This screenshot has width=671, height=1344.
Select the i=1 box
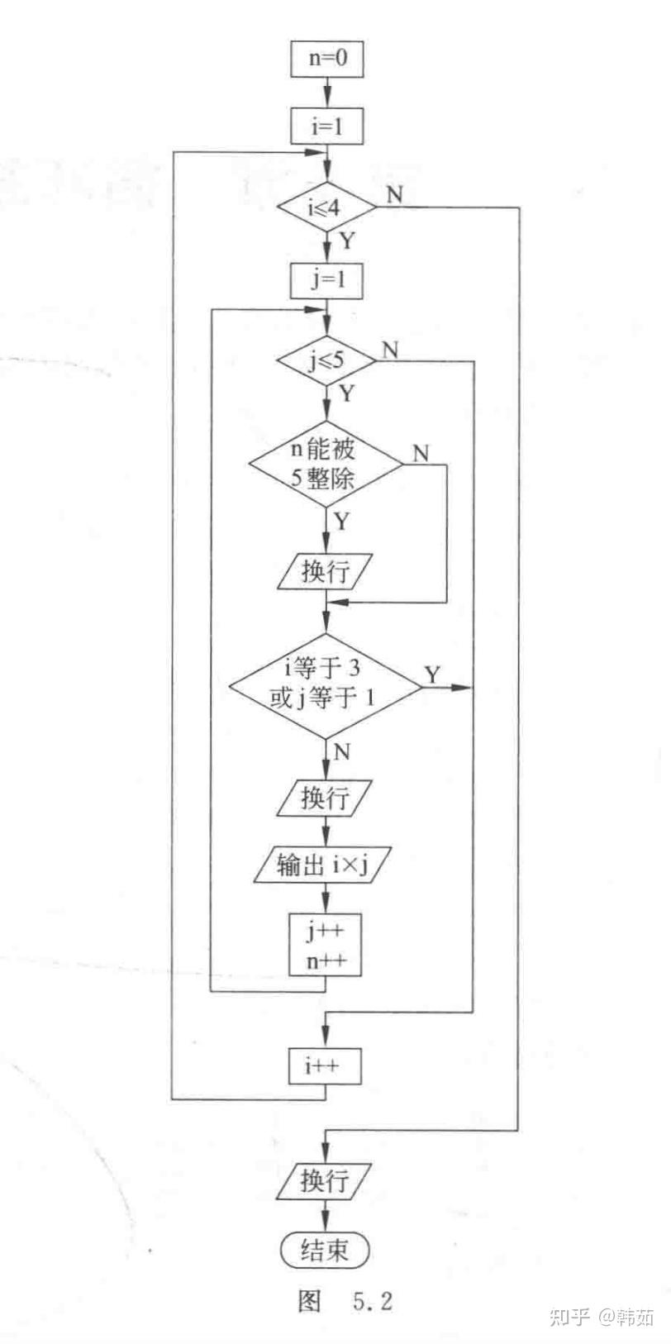point(326,127)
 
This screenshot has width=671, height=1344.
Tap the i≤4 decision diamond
point(326,207)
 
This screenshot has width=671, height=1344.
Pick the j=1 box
point(326,279)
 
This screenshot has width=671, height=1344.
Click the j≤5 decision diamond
point(326,360)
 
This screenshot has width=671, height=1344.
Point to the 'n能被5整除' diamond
point(326,465)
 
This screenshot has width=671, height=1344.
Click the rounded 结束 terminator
point(324,1249)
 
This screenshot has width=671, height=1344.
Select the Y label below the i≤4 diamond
point(348,241)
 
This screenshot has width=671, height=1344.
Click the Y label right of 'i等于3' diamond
point(433,674)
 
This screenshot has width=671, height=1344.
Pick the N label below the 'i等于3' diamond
point(343,751)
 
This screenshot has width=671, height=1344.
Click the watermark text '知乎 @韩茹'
point(602,1317)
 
